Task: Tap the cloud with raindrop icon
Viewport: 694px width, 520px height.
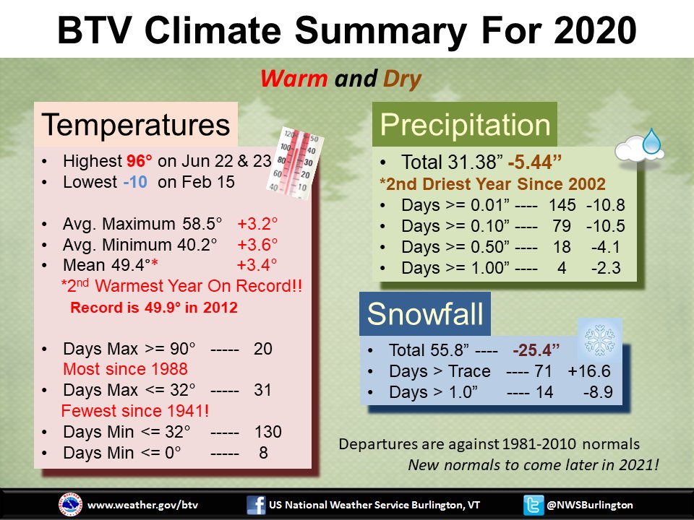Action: pyautogui.click(x=639, y=146)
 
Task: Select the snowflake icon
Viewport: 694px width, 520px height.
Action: pyautogui.click(x=599, y=340)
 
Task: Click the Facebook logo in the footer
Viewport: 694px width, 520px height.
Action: pyautogui.click(x=256, y=505)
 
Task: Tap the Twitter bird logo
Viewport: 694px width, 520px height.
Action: pyautogui.click(x=534, y=505)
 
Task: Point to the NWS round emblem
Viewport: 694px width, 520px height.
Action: pyautogui.click(x=70, y=505)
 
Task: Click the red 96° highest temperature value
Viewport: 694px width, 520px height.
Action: pyautogui.click(x=139, y=161)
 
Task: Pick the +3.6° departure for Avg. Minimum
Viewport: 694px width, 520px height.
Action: pyautogui.click(x=257, y=245)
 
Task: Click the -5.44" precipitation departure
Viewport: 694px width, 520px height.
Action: pyautogui.click(x=535, y=162)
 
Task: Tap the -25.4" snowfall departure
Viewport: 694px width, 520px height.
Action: pyautogui.click(x=536, y=350)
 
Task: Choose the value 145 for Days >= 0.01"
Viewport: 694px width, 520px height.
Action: pyautogui.click(x=562, y=205)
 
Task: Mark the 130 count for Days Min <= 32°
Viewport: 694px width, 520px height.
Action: pyautogui.click(x=267, y=432)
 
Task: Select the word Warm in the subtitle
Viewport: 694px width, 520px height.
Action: pyautogui.click(x=294, y=79)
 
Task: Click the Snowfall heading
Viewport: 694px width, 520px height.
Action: pyautogui.click(x=425, y=314)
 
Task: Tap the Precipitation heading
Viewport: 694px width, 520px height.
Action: pyautogui.click(x=465, y=124)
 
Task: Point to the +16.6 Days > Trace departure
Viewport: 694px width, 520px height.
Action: pyautogui.click(x=589, y=371)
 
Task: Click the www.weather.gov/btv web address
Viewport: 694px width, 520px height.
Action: pyautogui.click(x=142, y=505)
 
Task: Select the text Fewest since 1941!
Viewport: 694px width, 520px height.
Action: pyautogui.click(x=135, y=411)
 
